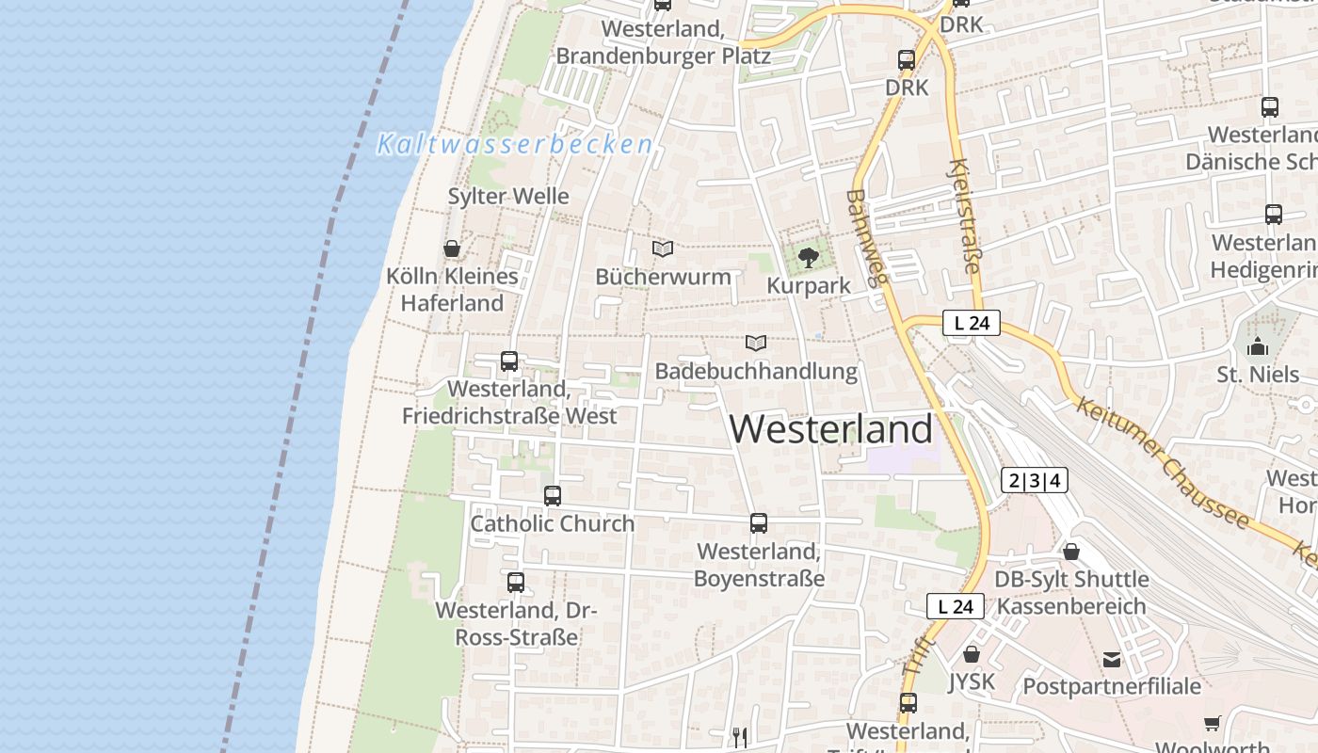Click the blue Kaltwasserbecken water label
[514, 144]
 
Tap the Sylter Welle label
[508, 196]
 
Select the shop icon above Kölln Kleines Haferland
[452, 248]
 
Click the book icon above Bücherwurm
[663, 248]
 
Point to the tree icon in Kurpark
[808, 256]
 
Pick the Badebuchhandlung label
[756, 371]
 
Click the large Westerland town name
[831, 429]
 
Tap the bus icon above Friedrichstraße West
[509, 360]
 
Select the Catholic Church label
[553, 523]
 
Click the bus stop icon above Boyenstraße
[759, 523]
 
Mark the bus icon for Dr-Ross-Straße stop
[515, 582]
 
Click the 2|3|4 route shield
[1035, 480]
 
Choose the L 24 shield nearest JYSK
[956, 606]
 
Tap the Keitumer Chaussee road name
[1162, 463]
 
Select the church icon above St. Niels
[1258, 346]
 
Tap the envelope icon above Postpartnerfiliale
[1112, 659]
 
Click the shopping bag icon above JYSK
[972, 653]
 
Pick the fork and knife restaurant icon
[740, 736]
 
